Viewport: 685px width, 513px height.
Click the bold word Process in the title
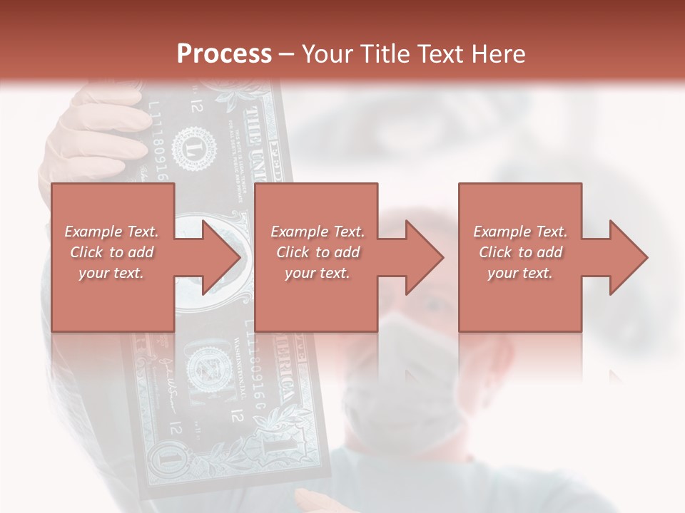pyautogui.click(x=224, y=54)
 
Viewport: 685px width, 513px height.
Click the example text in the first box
pyautogui.click(x=112, y=252)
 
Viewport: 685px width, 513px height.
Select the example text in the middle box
pyautogui.click(x=318, y=252)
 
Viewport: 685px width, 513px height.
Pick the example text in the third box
pyautogui.click(x=520, y=252)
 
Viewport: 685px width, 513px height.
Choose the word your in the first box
pyautogui.click(x=93, y=273)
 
